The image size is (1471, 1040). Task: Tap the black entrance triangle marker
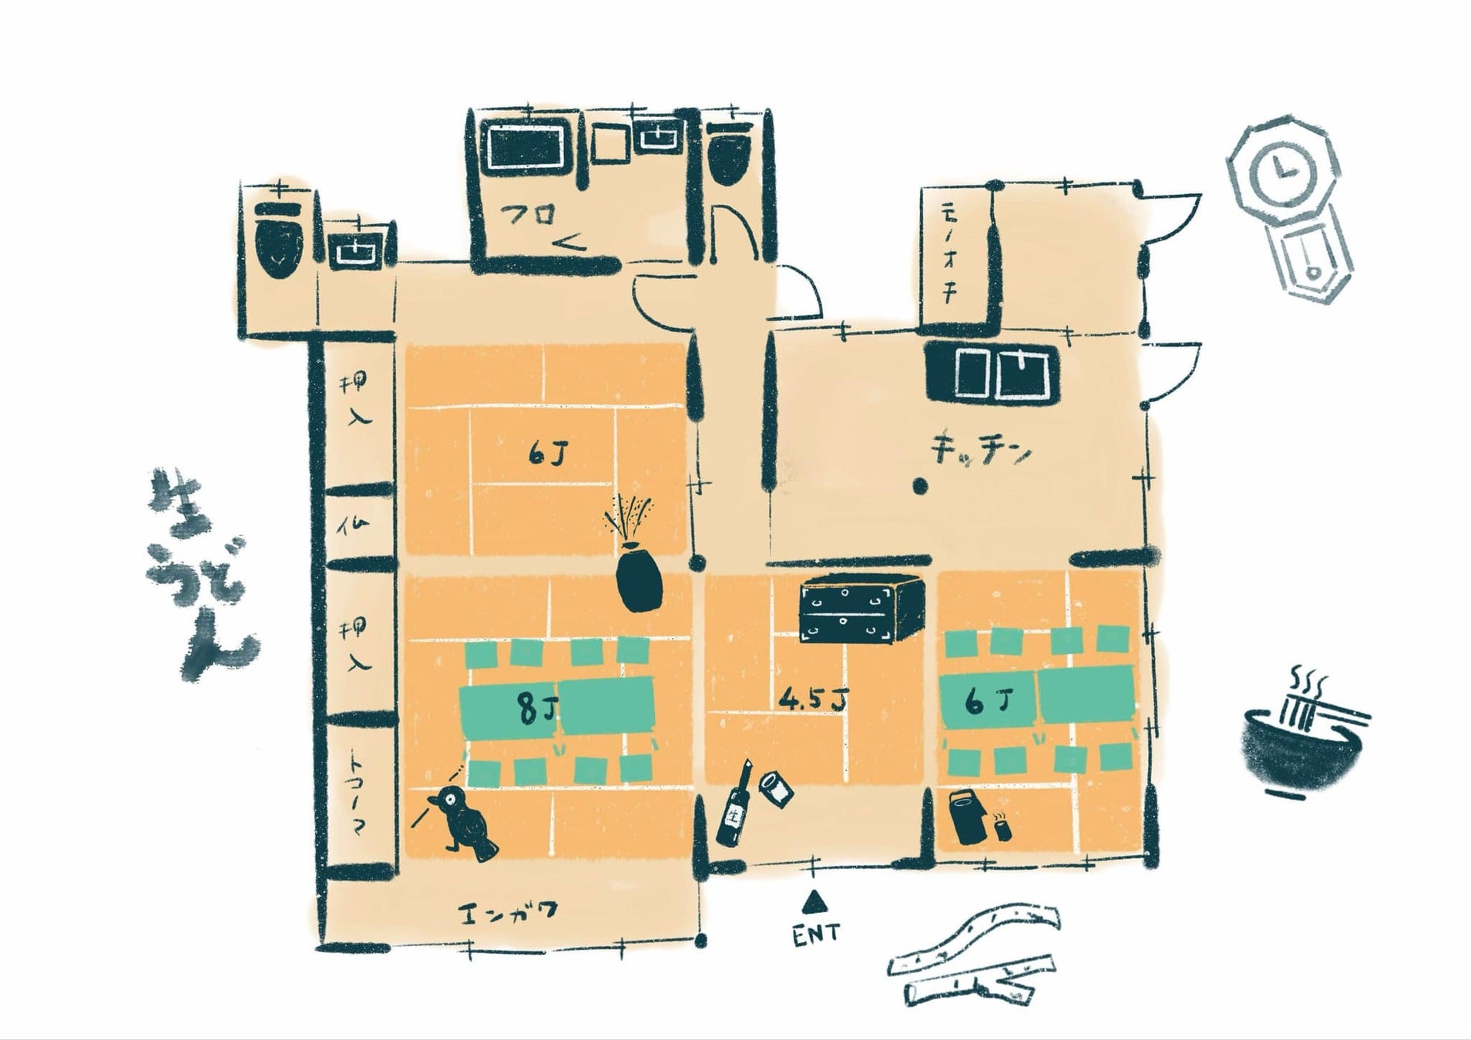(x=811, y=900)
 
